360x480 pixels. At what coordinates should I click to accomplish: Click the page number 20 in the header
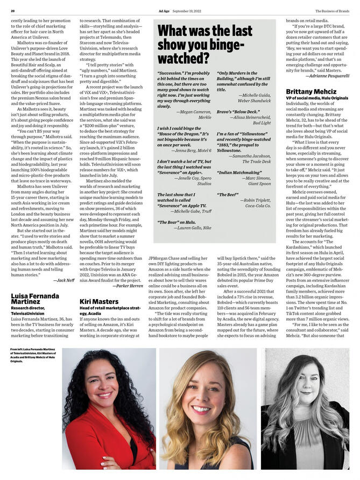point(12,10)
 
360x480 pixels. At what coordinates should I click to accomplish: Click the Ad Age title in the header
point(164,10)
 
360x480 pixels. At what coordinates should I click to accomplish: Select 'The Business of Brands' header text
point(332,10)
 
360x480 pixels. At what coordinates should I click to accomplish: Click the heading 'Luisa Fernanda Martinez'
point(35,299)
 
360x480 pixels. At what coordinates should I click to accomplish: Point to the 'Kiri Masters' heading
point(98,301)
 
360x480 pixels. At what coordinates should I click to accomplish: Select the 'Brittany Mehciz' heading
point(311,91)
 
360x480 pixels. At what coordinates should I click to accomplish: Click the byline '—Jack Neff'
point(64,280)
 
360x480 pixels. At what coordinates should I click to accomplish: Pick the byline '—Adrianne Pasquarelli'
point(327,76)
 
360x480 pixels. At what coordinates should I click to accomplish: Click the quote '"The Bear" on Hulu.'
point(177,221)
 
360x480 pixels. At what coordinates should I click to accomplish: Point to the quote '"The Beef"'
point(228,194)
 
